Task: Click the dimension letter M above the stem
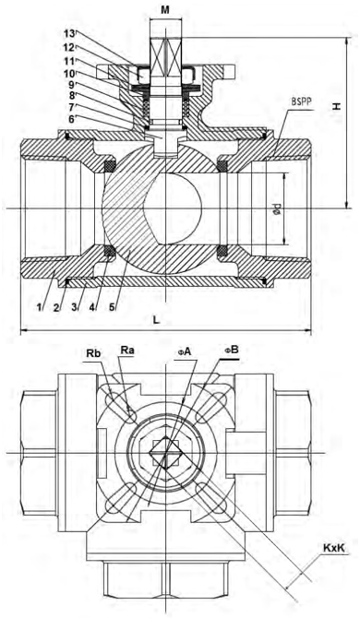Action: pyautogui.click(x=165, y=10)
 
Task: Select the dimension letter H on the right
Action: pyautogui.click(x=336, y=106)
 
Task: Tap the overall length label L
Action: pyautogui.click(x=157, y=320)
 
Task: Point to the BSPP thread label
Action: pyautogui.click(x=302, y=101)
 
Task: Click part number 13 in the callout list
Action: pyautogui.click(x=69, y=33)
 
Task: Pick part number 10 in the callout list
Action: pyautogui.click(x=69, y=73)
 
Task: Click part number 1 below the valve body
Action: pyautogui.click(x=39, y=306)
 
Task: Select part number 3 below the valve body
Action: pyautogui.click(x=75, y=306)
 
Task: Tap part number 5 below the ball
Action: pyautogui.click(x=112, y=306)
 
